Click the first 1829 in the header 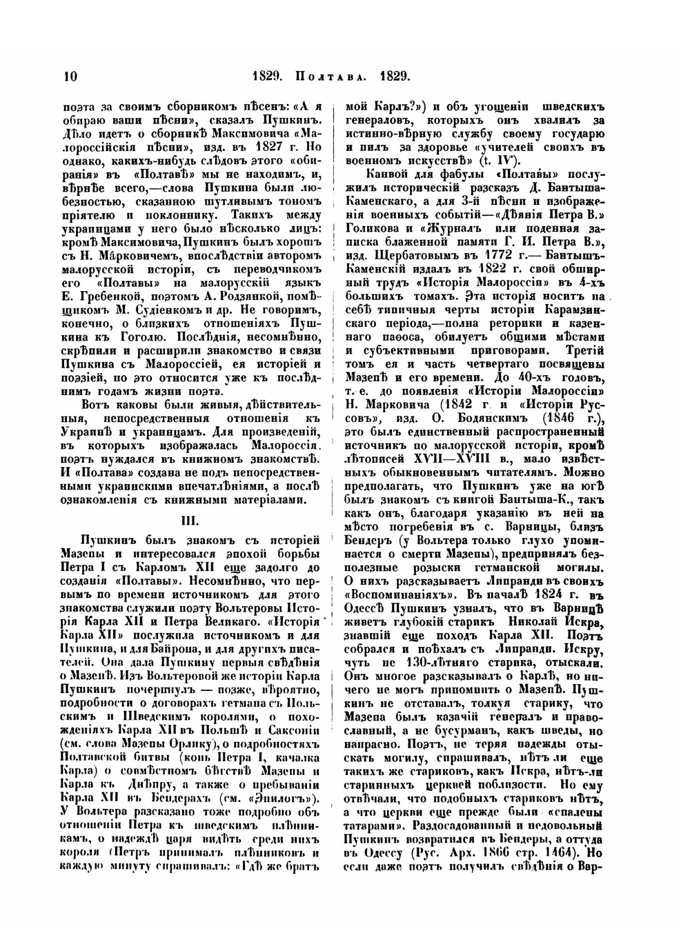pos(266,76)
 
